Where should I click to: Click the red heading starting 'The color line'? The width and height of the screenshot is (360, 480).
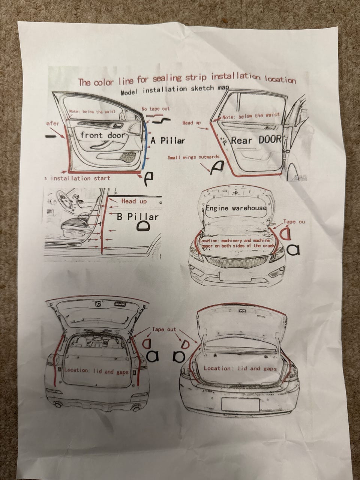coord(186,79)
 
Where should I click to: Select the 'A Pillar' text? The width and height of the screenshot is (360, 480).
coord(168,141)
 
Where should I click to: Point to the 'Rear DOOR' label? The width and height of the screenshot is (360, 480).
coord(256,140)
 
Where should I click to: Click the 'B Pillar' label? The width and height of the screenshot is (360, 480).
coord(137,216)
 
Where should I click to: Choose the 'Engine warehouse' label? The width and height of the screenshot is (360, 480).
coord(236,208)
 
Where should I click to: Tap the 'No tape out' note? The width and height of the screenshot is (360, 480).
coord(155,109)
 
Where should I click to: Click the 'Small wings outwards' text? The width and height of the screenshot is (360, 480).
coord(193,157)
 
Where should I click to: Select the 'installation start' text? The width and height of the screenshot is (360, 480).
coord(80,178)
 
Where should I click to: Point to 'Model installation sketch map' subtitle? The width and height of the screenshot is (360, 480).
coord(175,89)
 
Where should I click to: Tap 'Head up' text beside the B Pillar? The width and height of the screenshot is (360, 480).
coord(134,201)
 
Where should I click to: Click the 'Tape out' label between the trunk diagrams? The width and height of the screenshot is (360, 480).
coord(164,329)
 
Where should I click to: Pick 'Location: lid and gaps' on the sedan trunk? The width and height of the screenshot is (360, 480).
coord(240,368)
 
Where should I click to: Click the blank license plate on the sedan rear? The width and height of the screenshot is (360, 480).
coord(240,405)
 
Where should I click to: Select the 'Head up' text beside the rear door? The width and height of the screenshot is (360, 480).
coord(191,123)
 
